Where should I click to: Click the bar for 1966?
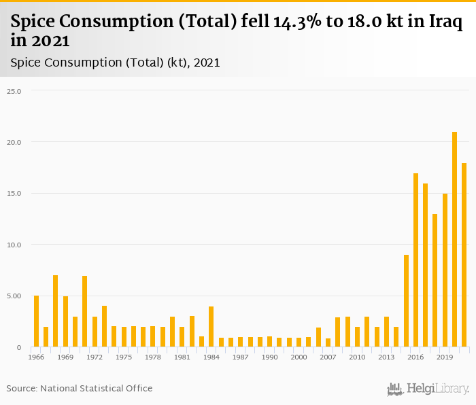pos(36,321)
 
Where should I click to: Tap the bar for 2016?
pos(415,260)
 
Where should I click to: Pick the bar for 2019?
pos(445,270)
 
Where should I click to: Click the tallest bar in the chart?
pos(454,239)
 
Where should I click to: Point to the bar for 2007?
pos(328,342)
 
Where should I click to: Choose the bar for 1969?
pos(65,321)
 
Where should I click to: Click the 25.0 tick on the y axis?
pos(14,90)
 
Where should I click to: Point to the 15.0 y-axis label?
pos(14,193)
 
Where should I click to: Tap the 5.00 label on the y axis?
pos(14,296)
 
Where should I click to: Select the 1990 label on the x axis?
pos(270,357)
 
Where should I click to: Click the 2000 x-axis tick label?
pos(299,357)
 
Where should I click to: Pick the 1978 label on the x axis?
pos(153,357)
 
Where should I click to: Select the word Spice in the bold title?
pos(34,22)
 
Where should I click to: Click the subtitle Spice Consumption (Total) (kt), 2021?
pos(115,63)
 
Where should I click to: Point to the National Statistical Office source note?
pos(80,388)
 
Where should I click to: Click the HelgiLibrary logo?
pos(428,389)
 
